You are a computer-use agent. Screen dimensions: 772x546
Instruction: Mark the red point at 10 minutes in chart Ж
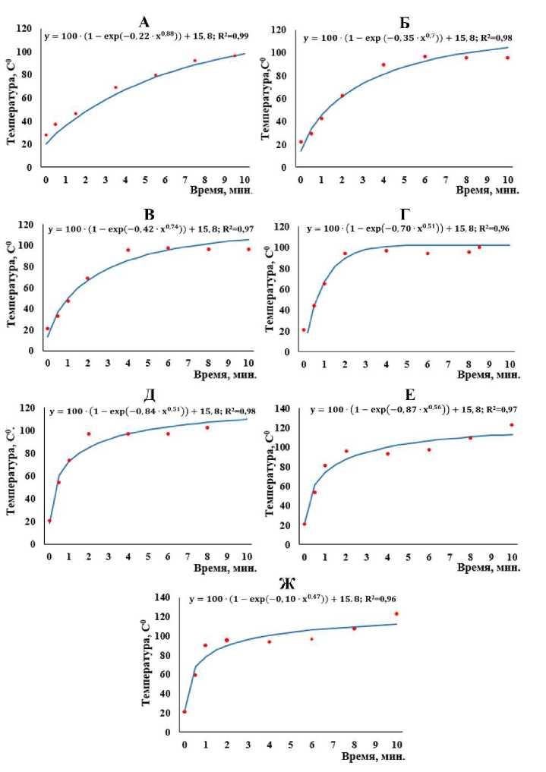point(396,614)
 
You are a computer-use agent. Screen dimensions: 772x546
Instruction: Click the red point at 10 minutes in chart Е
point(512,425)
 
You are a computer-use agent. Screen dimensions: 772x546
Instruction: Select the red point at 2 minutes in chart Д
point(89,434)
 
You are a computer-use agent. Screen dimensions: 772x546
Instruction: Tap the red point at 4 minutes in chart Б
point(383,65)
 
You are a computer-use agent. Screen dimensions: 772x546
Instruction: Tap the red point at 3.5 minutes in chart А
point(115,87)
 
